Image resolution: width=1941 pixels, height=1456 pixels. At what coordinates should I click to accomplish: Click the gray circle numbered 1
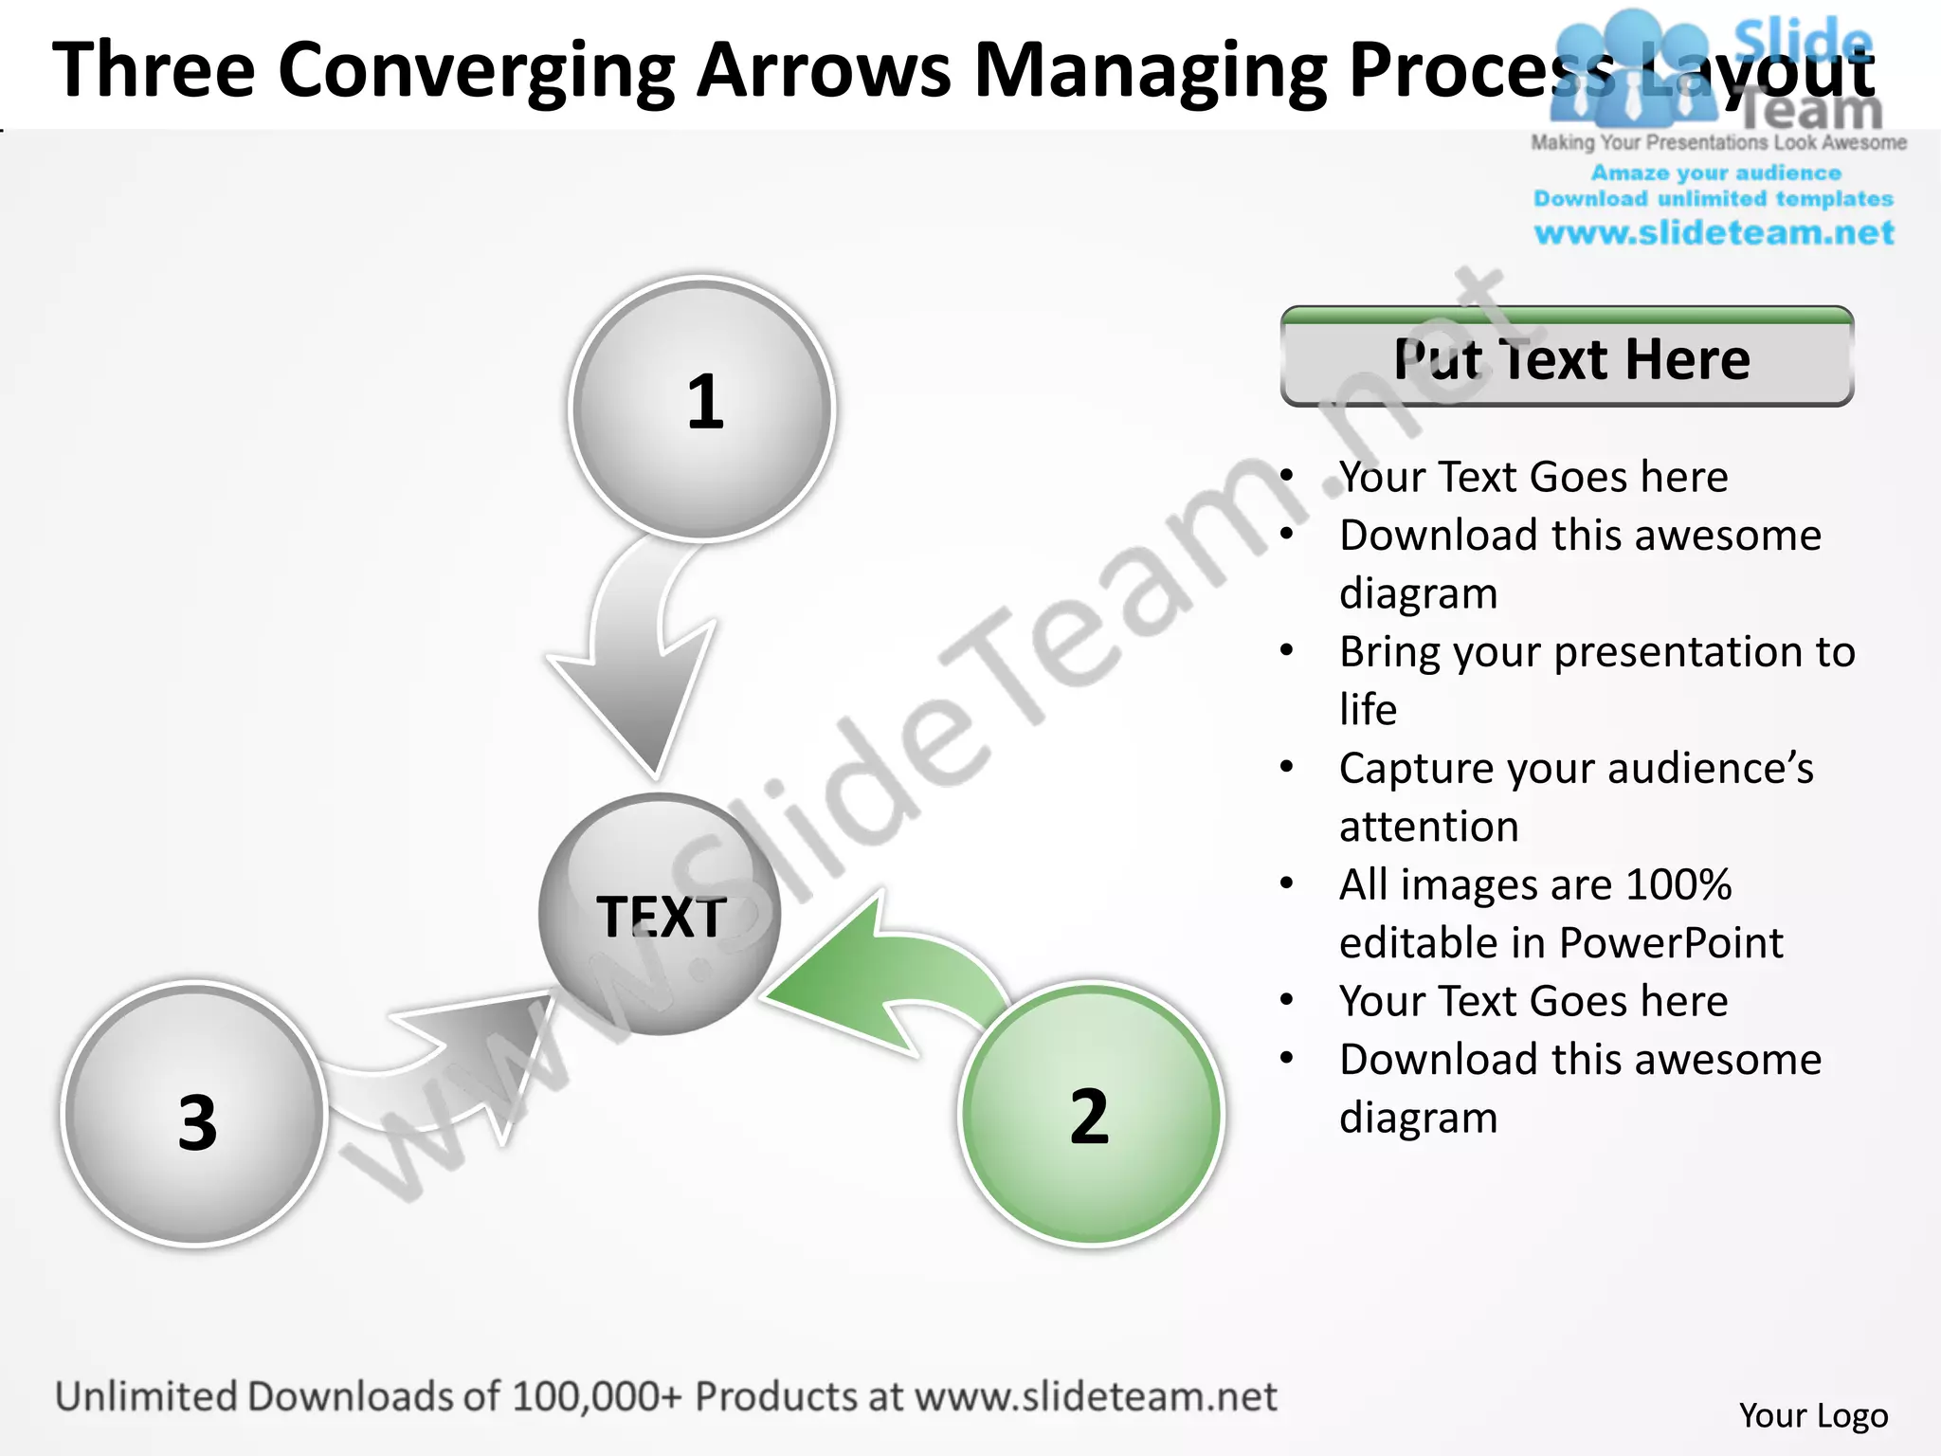(x=701, y=408)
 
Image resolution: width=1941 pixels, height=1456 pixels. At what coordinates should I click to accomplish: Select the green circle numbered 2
(x=1091, y=1114)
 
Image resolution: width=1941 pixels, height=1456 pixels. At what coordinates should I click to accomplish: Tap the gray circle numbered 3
(x=195, y=1114)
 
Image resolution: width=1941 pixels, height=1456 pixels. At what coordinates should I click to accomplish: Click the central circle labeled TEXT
(x=660, y=915)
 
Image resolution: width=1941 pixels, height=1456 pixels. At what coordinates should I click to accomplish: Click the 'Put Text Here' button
(x=1567, y=358)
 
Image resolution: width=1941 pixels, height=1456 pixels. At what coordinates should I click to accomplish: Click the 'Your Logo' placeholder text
(x=1813, y=1415)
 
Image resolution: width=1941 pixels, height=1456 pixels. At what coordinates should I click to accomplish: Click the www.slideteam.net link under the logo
(x=1714, y=233)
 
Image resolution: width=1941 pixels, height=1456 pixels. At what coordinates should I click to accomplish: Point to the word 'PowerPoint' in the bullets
(x=1671, y=943)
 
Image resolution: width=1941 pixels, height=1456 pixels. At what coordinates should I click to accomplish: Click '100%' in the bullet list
(x=1678, y=885)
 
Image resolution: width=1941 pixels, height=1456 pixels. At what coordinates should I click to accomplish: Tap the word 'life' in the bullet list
(x=1368, y=710)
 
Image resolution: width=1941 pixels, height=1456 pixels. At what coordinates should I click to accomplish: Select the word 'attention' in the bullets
(x=1428, y=827)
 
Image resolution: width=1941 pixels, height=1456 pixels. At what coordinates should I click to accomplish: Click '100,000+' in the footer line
(x=596, y=1396)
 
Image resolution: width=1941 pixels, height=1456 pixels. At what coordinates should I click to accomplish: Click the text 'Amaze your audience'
(x=1715, y=173)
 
